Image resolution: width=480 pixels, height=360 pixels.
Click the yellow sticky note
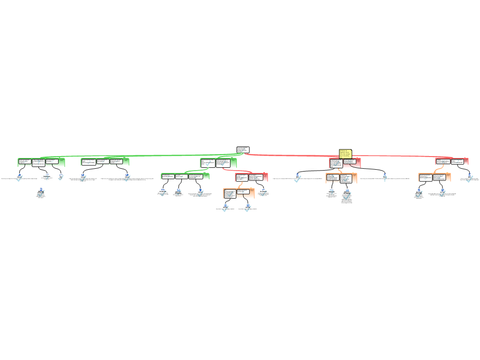345,154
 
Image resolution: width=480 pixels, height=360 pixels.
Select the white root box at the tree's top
242,150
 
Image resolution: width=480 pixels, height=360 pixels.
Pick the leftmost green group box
41,162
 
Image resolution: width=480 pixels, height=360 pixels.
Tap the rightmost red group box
452,161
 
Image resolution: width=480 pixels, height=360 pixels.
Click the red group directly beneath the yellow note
345,163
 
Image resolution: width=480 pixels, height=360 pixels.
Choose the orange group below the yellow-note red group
341,178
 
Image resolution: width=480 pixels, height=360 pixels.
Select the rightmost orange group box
434,177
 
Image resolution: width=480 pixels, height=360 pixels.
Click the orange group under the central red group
239,193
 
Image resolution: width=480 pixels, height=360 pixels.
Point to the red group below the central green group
251,177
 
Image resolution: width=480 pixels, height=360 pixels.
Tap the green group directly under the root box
218,163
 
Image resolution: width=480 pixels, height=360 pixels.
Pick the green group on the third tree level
185,176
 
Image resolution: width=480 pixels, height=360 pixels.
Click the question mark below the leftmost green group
47,177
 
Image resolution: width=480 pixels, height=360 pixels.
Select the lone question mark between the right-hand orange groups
385,178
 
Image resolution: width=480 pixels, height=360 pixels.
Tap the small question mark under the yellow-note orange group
332,192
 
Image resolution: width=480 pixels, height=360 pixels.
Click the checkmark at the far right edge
470,178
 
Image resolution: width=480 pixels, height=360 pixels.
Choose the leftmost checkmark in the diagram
19,178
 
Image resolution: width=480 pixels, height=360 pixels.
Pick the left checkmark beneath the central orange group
225,209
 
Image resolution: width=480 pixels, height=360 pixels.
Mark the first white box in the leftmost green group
25,162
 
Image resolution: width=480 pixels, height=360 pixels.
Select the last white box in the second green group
116,162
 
